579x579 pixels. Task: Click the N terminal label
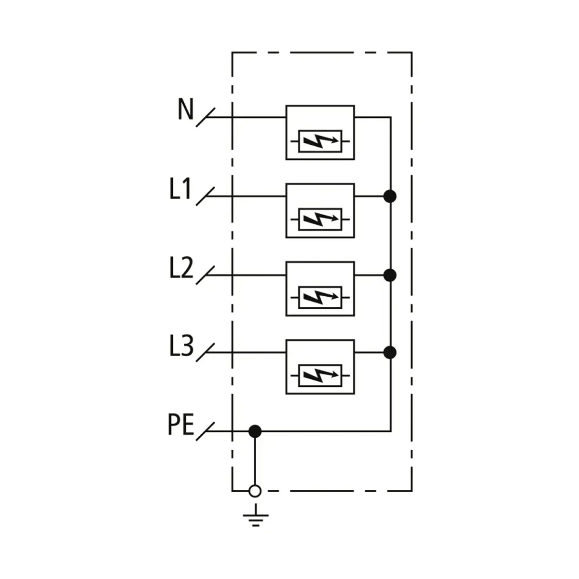185,109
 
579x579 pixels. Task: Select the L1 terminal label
180,188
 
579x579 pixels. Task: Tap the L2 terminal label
181,267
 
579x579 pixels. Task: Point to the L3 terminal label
181,346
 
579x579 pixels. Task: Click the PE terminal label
180,424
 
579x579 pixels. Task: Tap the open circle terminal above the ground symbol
255,491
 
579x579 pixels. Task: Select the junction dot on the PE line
255,431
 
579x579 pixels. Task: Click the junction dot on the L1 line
390,196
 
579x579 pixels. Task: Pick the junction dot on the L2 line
390,275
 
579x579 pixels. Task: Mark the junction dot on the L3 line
390,352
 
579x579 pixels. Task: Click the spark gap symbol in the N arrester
320,141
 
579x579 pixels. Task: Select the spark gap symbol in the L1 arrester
320,220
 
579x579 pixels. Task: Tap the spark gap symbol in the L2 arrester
320,298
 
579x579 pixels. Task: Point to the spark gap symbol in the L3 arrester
320,375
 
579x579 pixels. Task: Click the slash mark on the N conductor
206,117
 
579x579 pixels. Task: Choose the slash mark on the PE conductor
206,431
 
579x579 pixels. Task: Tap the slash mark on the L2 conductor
206,275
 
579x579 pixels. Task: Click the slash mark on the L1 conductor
206,196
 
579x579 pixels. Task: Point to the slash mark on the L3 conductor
206,352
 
